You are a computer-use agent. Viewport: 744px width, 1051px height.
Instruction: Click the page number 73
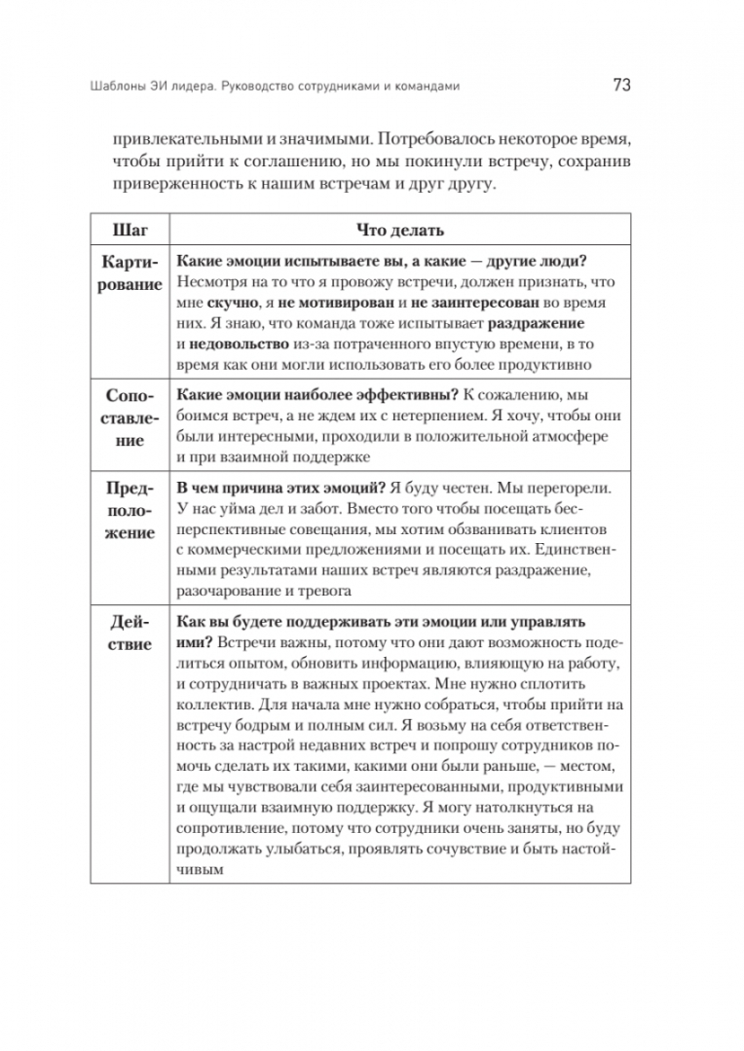[x=622, y=85]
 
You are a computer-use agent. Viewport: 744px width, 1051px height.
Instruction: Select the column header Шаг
[x=130, y=231]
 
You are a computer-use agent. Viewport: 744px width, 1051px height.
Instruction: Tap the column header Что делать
[x=398, y=231]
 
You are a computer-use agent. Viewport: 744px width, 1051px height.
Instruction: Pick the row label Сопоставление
[x=130, y=418]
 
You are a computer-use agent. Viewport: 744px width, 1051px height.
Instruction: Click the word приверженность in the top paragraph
[x=166, y=184]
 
